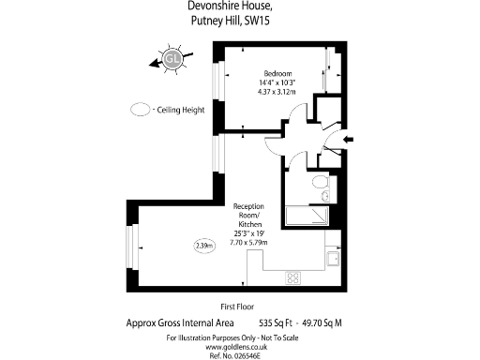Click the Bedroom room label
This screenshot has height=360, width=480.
(277, 74)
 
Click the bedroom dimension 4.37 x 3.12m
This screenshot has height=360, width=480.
(277, 93)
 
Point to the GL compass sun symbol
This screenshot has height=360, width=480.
(172, 61)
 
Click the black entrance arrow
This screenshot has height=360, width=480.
(348, 141)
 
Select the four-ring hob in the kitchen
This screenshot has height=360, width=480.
(293, 277)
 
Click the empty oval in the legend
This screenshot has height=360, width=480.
(141, 110)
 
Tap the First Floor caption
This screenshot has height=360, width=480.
(239, 307)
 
